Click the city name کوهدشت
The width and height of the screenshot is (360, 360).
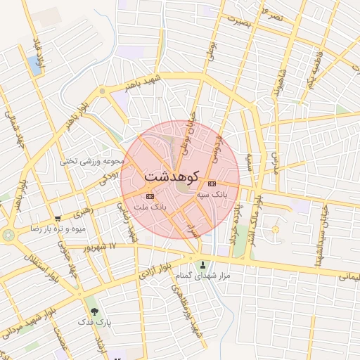pyautogui.click(x=172, y=176)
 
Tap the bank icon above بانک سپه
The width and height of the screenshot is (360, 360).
pyautogui.click(x=212, y=184)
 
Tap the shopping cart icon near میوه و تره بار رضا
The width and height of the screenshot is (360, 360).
pyautogui.click(x=58, y=219)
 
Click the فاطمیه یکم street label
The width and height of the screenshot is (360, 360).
pyautogui.click(x=312, y=70)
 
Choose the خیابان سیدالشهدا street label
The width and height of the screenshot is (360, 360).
pyautogui.click(x=325, y=226)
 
